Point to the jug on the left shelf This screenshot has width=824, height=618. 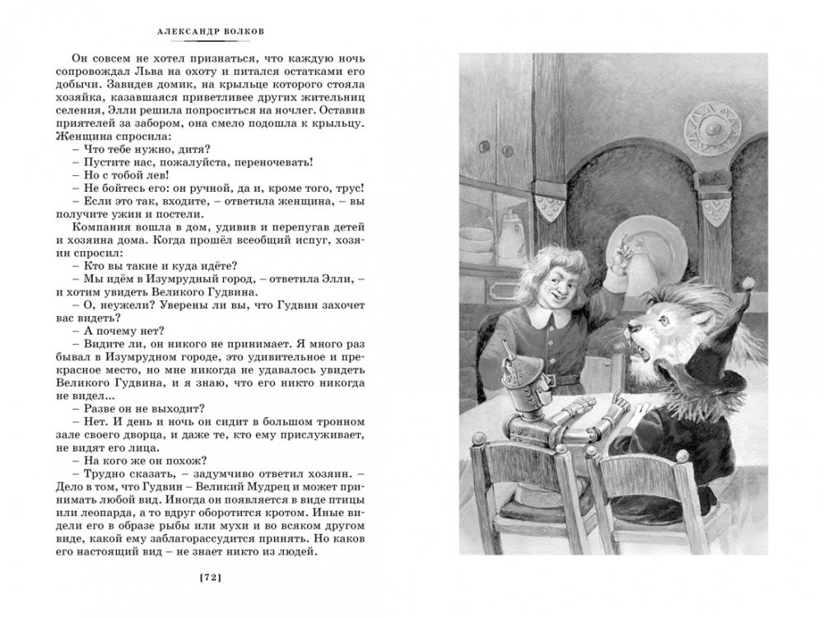click(x=510, y=239)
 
